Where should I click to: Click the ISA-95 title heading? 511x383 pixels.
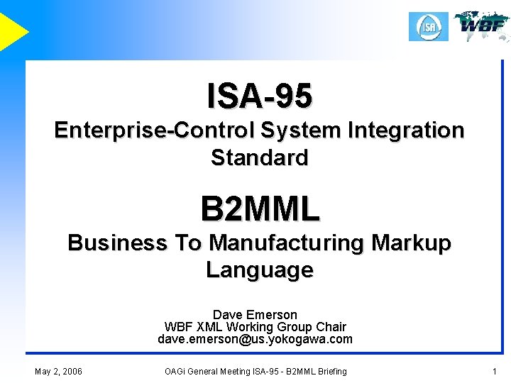(259, 96)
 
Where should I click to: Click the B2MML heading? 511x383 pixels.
(260, 209)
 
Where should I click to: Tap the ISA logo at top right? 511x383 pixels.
(429, 27)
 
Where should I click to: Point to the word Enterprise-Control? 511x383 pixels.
(154, 131)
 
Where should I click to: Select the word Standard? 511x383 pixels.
(259, 157)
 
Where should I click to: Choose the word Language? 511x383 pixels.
(259, 270)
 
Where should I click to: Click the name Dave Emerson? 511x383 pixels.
(255, 314)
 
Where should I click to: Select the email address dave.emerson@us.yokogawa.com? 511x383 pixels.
(255, 339)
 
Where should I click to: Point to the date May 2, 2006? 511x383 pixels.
(58, 371)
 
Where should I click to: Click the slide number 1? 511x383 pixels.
(494, 371)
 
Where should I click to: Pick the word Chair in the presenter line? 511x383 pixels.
(331, 327)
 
